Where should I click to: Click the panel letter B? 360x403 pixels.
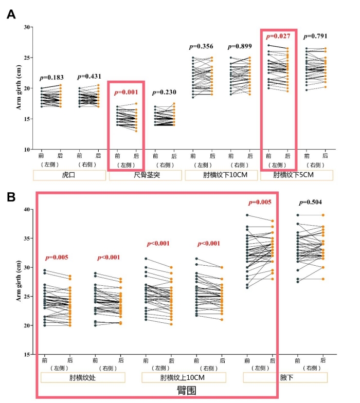click(x=11, y=197)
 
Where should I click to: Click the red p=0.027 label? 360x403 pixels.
click(x=278, y=36)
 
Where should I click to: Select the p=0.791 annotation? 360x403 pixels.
click(x=316, y=36)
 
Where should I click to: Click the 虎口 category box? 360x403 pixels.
click(x=69, y=175)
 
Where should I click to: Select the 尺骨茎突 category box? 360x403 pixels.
click(x=145, y=175)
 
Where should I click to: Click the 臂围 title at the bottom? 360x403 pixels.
click(x=184, y=391)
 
